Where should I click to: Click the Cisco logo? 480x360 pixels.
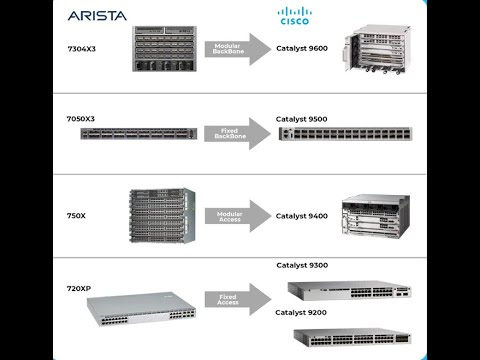click(294, 16)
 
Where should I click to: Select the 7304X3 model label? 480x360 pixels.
click(81, 48)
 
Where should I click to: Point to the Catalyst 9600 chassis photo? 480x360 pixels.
click(375, 50)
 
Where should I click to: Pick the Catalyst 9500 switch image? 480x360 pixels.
click(344, 133)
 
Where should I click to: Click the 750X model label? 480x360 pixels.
click(77, 214)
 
